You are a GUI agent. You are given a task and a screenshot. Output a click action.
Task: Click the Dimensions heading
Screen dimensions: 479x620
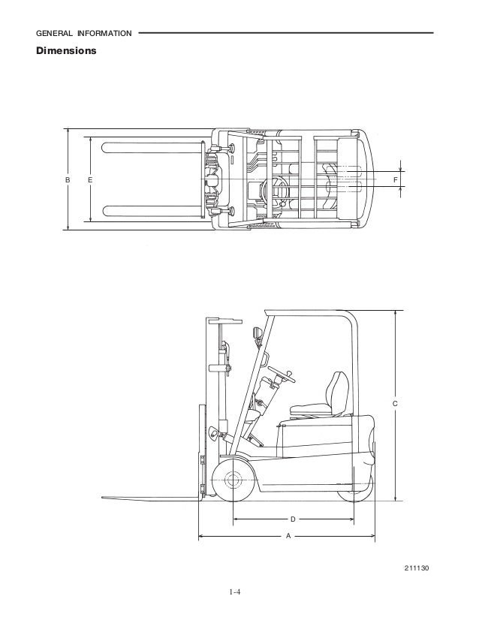point(66,50)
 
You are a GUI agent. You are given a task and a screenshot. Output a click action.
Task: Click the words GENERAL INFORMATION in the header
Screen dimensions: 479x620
point(84,34)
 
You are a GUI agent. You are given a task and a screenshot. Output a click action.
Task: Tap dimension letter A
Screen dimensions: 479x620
point(288,536)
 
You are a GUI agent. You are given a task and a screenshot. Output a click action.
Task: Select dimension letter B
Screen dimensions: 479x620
point(68,180)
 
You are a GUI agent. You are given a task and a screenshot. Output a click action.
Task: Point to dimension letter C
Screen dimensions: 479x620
point(395,404)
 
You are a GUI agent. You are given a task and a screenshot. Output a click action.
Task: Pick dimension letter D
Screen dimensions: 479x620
point(293,519)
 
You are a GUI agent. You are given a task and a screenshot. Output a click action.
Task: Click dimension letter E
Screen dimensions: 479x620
point(90,180)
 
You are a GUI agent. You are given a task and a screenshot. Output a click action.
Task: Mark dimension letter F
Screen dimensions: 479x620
point(395,180)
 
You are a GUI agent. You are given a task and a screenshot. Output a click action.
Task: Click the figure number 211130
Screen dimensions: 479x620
point(417,568)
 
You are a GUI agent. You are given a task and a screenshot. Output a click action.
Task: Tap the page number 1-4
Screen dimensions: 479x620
point(234,592)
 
